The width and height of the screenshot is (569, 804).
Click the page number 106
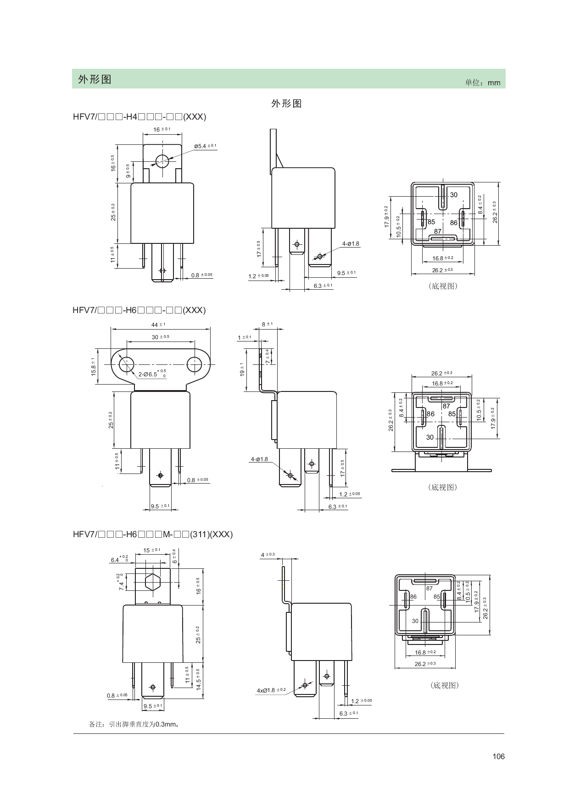tap(499, 756)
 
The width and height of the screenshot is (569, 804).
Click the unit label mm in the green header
tap(494, 83)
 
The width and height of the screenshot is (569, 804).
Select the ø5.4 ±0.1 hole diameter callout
tap(205, 146)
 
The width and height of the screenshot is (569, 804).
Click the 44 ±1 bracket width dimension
tap(158, 325)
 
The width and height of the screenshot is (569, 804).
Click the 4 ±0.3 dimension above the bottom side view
tap(268, 555)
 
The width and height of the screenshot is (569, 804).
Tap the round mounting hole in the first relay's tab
tap(162, 161)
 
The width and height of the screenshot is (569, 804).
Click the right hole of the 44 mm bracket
tap(194, 365)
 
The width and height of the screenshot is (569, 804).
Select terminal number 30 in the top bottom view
tap(453, 195)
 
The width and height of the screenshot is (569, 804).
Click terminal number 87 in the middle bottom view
tap(446, 407)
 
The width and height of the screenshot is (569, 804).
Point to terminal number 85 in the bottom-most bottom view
tap(437, 597)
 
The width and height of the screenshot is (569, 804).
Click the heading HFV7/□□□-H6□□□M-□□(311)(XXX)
tap(153, 534)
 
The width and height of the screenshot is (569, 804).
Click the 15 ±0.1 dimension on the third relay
tap(152, 550)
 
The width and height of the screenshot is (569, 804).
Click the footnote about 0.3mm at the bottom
tap(133, 725)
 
